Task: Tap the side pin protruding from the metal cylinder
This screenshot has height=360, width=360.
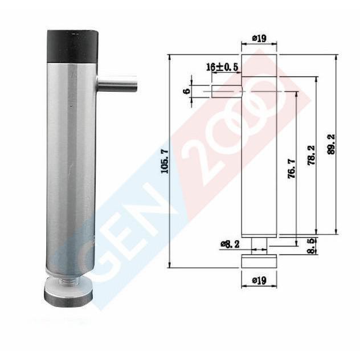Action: click(x=118, y=84)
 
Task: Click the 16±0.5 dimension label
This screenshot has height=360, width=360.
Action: click(x=222, y=67)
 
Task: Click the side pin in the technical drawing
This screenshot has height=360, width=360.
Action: click(x=226, y=91)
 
